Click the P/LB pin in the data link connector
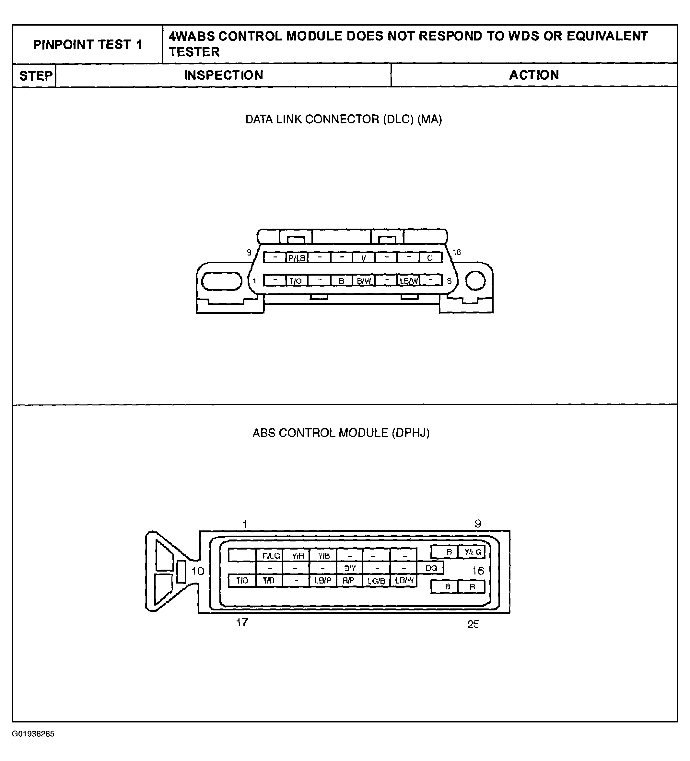pos(297,258)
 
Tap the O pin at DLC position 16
pos(430,258)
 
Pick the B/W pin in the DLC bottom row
pos(364,281)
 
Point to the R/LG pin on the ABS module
pos(271,556)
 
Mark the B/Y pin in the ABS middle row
pos(349,568)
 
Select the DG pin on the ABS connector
pos(431,568)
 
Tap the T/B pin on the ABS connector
pos(269,581)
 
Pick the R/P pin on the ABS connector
pos(348,581)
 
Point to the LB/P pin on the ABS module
pos(322,581)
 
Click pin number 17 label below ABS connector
pos(242,622)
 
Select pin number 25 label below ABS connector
pos(474,624)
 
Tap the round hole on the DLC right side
pos(475,281)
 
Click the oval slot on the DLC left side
pos(221,281)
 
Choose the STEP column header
pos(36,75)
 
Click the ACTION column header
pos(533,75)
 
